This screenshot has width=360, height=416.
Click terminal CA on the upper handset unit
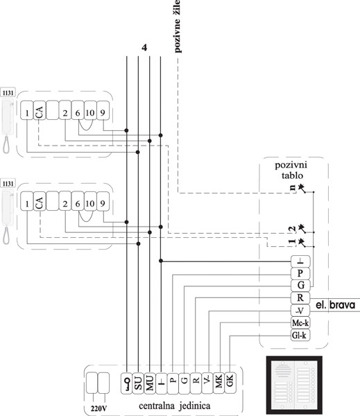(40, 110)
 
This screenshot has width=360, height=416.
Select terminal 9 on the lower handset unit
(103, 201)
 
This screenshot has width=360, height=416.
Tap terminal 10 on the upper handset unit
(90, 110)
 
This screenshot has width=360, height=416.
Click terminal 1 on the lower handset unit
(27, 201)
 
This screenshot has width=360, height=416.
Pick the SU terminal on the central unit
(138, 383)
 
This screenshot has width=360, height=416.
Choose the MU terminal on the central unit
(150, 383)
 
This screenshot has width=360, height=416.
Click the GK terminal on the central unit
(230, 383)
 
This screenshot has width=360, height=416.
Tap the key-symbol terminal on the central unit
(127, 383)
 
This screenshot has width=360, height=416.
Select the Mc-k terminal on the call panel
(300, 323)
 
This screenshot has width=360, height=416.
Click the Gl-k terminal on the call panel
(300, 336)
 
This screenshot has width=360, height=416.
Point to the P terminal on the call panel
(300, 273)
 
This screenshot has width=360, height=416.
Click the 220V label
(98, 408)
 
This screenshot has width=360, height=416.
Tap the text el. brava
(335, 305)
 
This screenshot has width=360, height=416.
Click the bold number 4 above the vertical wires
(144, 48)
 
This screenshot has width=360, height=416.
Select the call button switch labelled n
(301, 188)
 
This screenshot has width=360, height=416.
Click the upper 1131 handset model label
(8, 93)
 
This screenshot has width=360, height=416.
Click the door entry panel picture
(294, 385)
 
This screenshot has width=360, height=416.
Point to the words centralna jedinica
(175, 406)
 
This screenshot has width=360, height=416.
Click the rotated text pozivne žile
(177, 26)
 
